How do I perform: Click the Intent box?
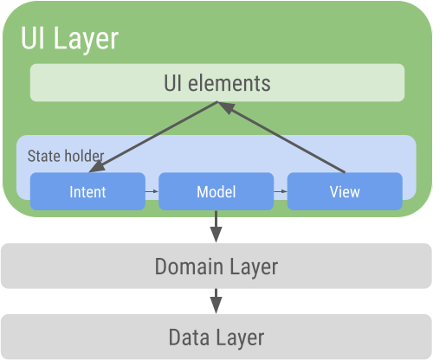point(87,191)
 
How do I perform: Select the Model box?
point(216,191)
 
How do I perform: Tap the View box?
point(345,191)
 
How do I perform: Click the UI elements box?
point(217,83)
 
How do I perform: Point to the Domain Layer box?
point(216,266)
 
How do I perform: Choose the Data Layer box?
point(216,337)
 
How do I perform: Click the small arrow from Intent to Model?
point(152,191)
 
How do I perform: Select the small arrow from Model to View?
point(281,191)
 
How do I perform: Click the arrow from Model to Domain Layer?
point(216,227)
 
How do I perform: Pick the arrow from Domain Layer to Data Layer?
point(216,301)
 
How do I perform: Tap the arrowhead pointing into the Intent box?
point(96,168)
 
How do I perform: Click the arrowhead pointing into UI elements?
point(226,107)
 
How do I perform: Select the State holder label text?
point(66,156)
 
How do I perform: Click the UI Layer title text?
point(69,38)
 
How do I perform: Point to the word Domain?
point(189,267)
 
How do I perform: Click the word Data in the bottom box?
point(189,337)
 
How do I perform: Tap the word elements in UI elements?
point(229,83)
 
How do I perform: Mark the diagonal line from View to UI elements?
point(281,138)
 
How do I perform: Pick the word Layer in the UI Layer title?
point(86,40)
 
